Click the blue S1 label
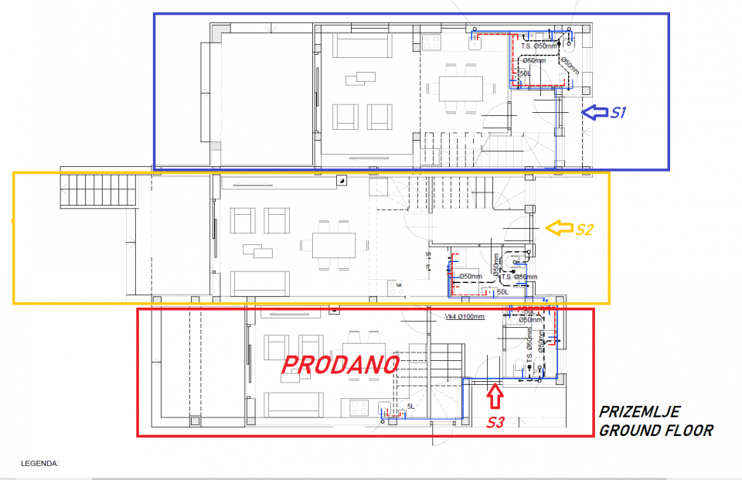point(617,113)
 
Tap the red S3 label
point(495,422)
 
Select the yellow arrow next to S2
point(559,227)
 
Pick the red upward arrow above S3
point(495,397)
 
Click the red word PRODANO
point(340,366)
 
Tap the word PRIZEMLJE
point(640,412)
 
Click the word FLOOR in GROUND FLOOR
point(686,431)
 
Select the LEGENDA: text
point(39,464)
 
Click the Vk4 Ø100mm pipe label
point(464,317)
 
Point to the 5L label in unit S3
point(410,406)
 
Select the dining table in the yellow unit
point(334,246)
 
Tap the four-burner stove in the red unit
point(359,406)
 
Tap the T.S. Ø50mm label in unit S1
point(538,46)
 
